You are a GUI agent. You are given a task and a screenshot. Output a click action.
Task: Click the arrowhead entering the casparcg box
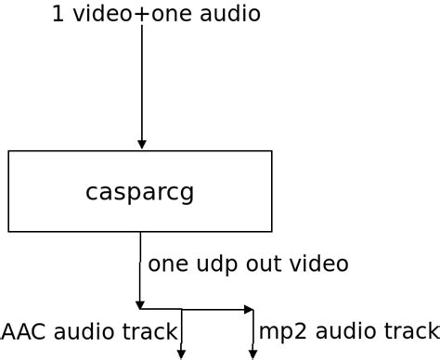pos(141,144)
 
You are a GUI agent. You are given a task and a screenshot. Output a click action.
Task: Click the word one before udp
pos(170,264)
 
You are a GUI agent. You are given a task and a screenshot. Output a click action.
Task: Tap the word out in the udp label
pos(266,264)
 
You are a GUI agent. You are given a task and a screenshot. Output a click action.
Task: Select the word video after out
pos(320,264)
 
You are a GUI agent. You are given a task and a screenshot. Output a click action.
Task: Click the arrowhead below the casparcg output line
pos(140,303)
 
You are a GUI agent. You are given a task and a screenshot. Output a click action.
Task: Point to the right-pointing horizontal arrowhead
pos(248,309)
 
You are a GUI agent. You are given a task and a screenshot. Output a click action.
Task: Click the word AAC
pos(24,330)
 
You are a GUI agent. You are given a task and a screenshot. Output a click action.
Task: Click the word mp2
pos(278,331)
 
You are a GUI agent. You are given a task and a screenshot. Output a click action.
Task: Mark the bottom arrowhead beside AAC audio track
pos(181,354)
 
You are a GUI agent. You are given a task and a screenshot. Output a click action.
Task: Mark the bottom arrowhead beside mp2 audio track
pos(252,354)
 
